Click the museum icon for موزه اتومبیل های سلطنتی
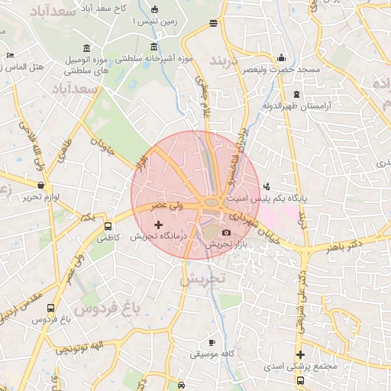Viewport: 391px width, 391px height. pos(87,48)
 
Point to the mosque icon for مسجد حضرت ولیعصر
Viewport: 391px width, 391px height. pos(281,57)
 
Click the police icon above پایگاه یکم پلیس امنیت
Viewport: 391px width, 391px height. pos(266,185)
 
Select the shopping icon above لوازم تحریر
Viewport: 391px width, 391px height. pos(40,186)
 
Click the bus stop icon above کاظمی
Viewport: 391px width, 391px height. pos(108,226)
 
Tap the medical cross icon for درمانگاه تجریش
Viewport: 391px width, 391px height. pos(158,225)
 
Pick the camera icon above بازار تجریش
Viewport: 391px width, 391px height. pos(226,232)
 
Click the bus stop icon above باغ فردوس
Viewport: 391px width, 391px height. pos(50,309)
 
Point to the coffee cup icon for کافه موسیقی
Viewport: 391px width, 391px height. pos(212,342)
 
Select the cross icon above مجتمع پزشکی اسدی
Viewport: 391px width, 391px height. pos(301,354)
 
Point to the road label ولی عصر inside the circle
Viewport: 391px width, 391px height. pos(168,205)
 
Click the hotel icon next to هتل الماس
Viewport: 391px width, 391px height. pos(9,55)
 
